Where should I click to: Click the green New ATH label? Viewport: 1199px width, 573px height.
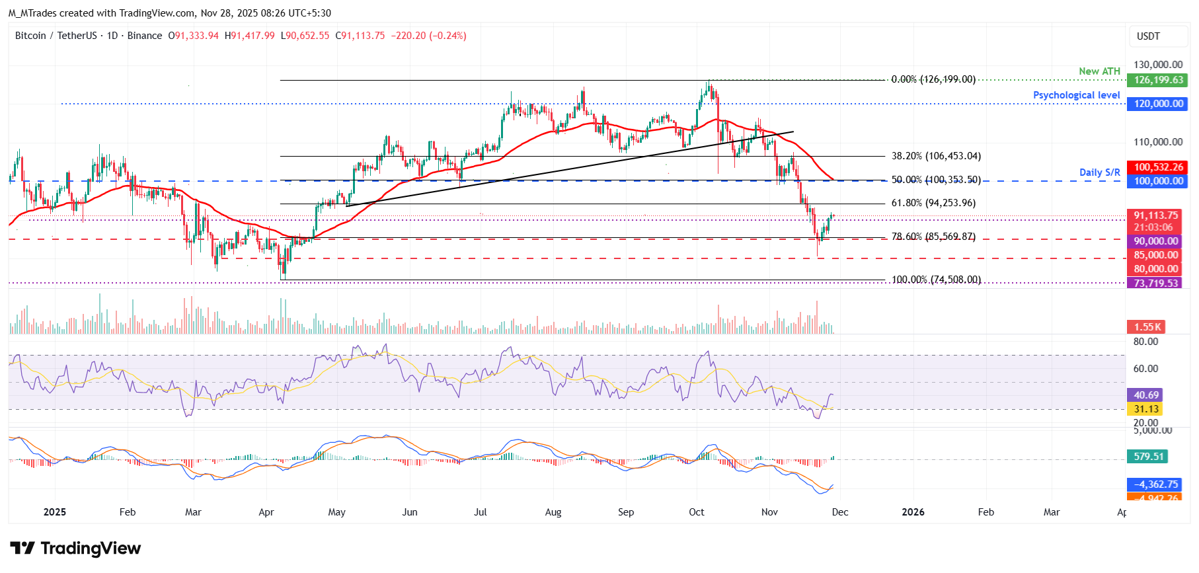(1099, 71)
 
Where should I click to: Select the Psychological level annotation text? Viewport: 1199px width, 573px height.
(1076, 95)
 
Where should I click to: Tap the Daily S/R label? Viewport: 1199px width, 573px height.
(1099, 172)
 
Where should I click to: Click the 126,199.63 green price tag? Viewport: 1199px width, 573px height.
(1158, 80)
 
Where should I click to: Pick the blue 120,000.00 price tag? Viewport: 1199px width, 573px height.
(1158, 104)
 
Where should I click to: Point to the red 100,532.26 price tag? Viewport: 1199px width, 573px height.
(1158, 167)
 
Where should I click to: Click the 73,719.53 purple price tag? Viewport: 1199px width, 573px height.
(1155, 283)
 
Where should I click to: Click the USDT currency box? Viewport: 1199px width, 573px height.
(1148, 36)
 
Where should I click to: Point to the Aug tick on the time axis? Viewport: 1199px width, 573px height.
(553, 512)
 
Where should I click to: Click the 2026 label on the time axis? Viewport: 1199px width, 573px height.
(913, 512)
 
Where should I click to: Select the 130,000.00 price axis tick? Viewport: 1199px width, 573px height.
(1158, 65)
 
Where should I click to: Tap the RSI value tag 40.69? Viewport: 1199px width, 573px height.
(1145, 395)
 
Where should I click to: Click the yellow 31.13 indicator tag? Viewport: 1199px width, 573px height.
(1145, 409)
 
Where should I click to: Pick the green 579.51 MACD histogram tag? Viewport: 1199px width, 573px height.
(1148, 457)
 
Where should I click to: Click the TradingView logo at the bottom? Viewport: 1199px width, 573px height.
(75, 549)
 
